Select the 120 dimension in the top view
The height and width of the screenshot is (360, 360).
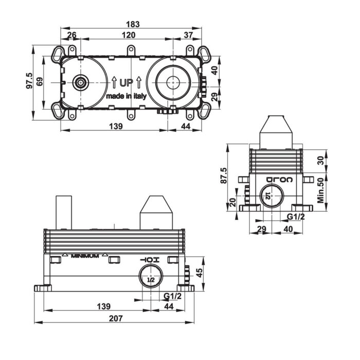129,35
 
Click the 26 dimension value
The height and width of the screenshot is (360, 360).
71,35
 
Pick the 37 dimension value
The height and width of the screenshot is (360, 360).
188,35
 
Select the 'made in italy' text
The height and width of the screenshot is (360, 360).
127,96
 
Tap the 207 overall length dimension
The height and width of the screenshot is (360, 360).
116,318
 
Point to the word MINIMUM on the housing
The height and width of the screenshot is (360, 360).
85,256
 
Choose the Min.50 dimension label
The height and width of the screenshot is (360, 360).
320,191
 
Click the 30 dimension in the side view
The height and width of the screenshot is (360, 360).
320,160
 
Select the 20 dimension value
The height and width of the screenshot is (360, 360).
232,202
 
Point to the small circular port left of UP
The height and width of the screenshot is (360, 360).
80,83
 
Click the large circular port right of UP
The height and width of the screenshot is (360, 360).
173,82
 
